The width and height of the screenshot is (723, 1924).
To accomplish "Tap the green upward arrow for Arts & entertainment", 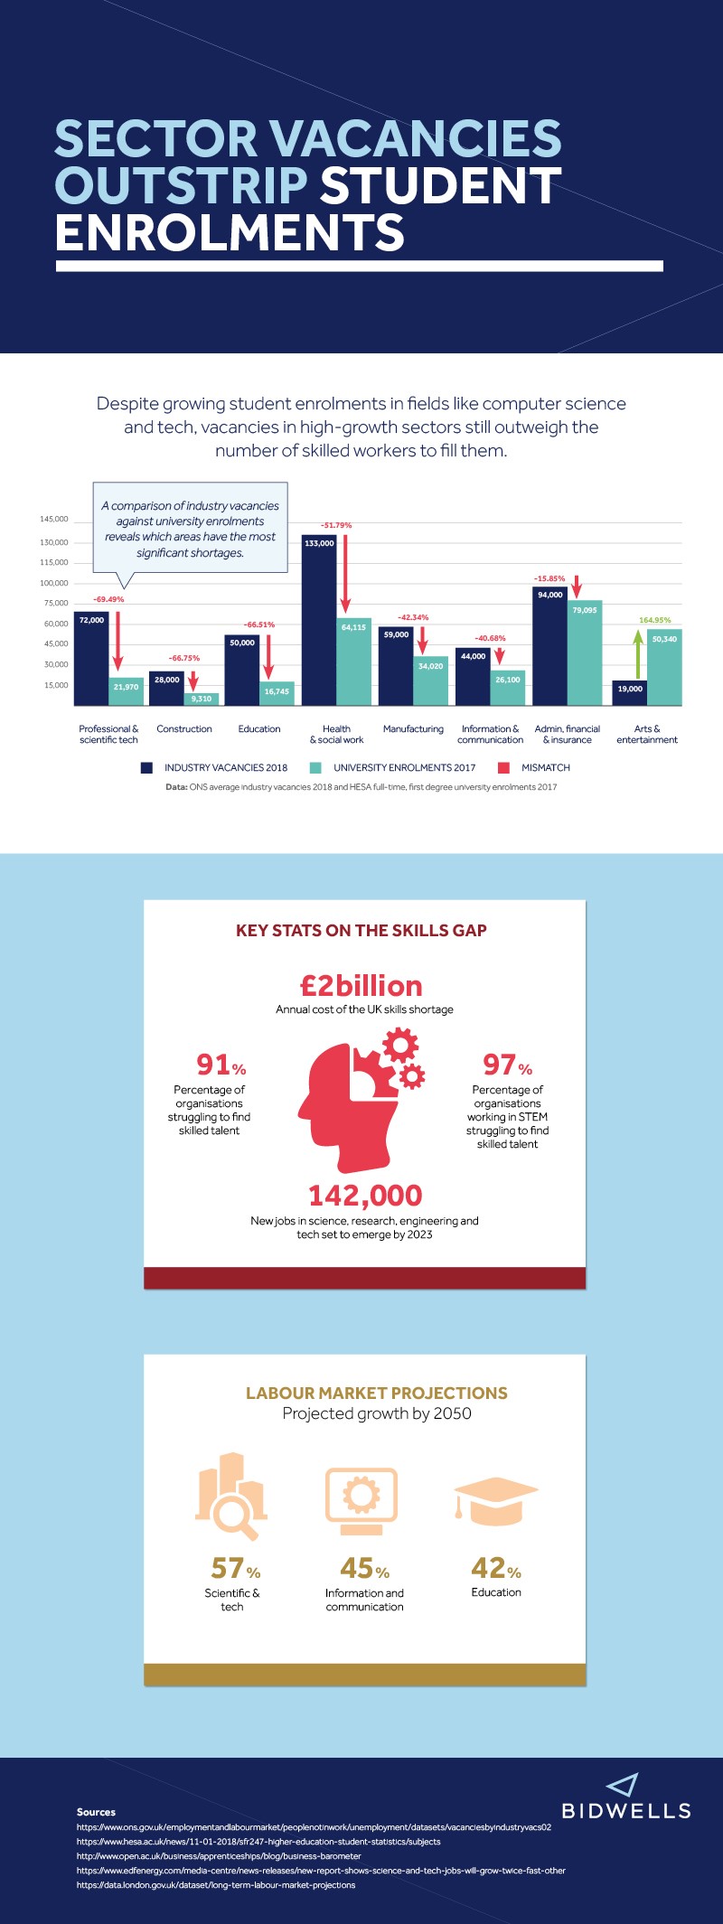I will click(x=638, y=654).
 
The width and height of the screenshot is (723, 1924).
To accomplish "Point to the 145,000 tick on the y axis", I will click(x=53, y=520).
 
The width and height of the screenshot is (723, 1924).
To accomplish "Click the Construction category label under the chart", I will click(x=184, y=729).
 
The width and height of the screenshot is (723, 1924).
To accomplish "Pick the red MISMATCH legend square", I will click(x=503, y=768).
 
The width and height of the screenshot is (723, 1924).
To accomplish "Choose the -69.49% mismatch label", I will click(x=108, y=599).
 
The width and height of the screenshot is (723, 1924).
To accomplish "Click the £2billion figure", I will click(x=361, y=986).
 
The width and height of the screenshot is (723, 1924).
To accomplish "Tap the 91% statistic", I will click(x=221, y=1065).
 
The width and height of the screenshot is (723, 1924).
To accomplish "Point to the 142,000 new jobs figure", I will click(x=365, y=1196).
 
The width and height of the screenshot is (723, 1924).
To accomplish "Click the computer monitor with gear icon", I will click(x=361, y=1501).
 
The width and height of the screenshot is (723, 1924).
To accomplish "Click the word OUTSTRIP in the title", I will click(x=181, y=185).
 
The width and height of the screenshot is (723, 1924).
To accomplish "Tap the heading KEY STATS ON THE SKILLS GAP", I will click(x=361, y=931).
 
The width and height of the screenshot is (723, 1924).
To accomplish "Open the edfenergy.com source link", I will click(x=321, y=1871).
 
